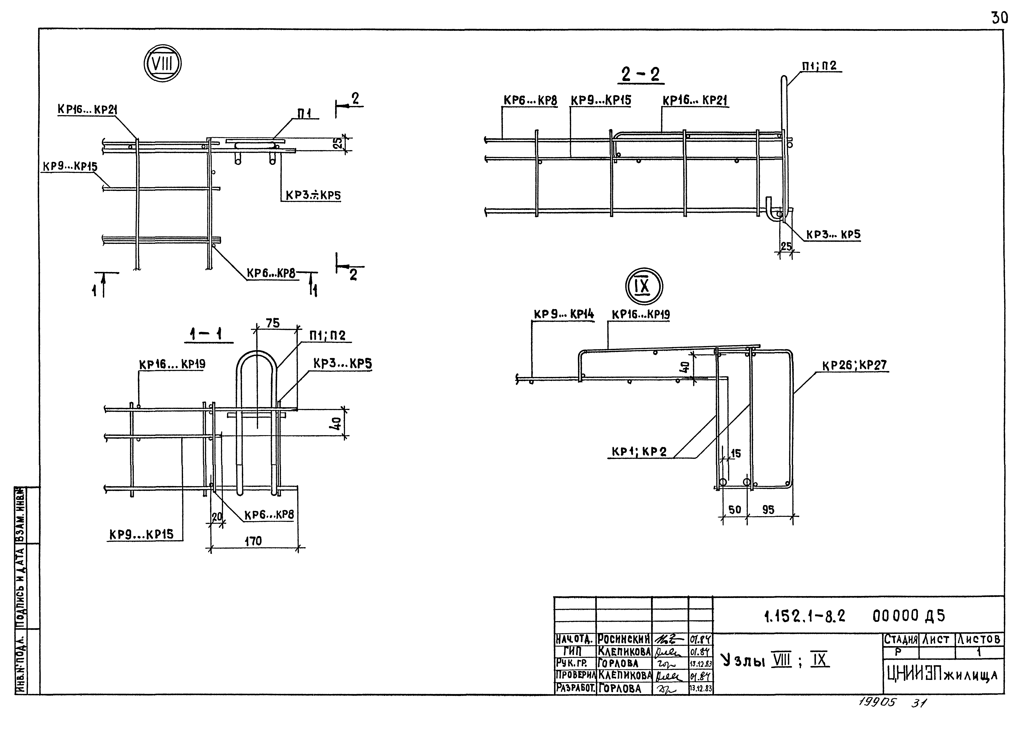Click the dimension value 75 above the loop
tap(273, 323)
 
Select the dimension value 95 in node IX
tap(768, 510)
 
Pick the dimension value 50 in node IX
tap(734, 510)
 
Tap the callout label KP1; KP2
tap(639, 451)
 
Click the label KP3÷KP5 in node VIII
tap(313, 196)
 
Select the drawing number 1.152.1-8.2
tap(804, 616)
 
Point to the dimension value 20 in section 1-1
tap(217, 517)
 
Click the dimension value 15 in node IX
tap(736, 453)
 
